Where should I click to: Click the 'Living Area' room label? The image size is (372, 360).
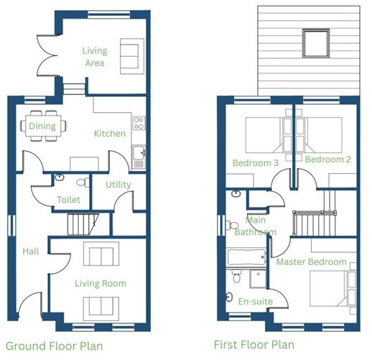pos(95,57)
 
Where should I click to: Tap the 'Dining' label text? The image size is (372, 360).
pos(42,126)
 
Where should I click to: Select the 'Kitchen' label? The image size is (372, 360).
pos(110,134)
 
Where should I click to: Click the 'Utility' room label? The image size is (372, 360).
pos(118,185)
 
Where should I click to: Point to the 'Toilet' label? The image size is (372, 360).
pos(69,200)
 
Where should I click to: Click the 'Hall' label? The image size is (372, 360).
pos(31,251)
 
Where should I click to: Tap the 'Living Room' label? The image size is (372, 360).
pos(101,284)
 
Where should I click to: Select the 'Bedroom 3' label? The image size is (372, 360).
pos(256,163)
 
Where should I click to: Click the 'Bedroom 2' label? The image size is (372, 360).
pos(327,159)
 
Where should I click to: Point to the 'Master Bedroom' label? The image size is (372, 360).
pos(312,262)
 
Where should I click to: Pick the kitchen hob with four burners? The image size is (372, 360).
pos(139,123)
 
